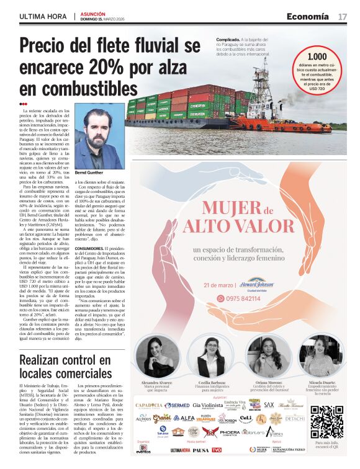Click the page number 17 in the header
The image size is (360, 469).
342,16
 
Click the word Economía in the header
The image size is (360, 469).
308,16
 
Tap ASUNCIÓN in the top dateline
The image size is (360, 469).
93,13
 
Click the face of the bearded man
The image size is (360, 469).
99,133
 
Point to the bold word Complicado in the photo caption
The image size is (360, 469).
220,39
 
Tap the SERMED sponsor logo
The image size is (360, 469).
177,405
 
